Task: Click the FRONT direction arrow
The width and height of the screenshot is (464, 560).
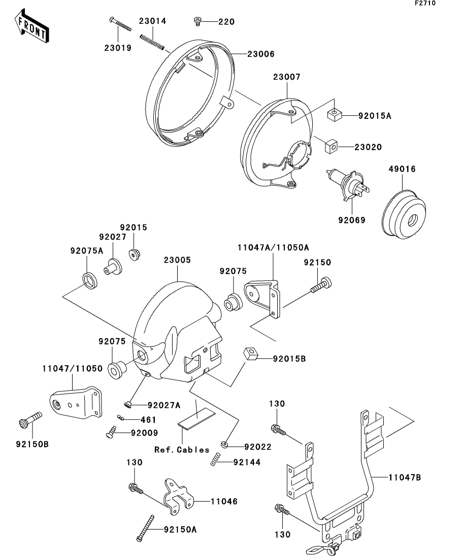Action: (32, 28)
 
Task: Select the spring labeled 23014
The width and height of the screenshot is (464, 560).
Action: (152, 41)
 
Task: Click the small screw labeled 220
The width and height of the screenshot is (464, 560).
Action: (197, 21)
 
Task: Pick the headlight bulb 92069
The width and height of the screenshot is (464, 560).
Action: (347, 184)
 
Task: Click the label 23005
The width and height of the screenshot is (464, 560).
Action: (177, 259)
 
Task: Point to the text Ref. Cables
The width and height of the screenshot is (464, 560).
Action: (182, 449)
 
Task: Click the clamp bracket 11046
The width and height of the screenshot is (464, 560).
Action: (179, 495)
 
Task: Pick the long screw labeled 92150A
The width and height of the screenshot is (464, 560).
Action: (146, 528)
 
